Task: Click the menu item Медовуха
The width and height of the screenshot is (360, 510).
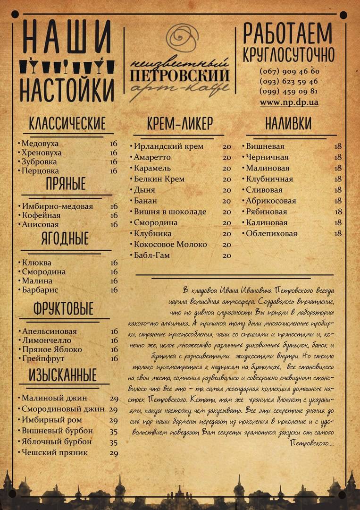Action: [x=40, y=144]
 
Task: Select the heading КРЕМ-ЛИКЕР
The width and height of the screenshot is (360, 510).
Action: [x=180, y=124]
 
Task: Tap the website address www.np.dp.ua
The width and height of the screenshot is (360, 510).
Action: [x=289, y=102]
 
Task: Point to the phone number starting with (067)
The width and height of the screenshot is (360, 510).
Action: [x=289, y=72]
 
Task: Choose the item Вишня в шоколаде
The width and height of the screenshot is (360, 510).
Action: [x=170, y=212]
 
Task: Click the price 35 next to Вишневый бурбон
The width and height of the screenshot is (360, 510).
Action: [x=113, y=431]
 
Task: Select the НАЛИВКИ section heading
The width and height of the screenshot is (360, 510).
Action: [x=288, y=124]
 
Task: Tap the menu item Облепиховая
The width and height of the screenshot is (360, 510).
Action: [x=271, y=234]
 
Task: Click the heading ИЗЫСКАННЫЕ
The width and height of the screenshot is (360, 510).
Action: [x=63, y=375]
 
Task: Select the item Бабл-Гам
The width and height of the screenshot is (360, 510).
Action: [x=151, y=255]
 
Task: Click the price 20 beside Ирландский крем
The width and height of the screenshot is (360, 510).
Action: [x=227, y=146]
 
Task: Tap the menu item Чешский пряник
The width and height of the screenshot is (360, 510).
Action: [x=55, y=453]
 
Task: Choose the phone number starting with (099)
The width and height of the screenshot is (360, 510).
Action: [x=289, y=92]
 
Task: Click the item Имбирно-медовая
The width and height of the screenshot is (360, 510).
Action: [x=57, y=206]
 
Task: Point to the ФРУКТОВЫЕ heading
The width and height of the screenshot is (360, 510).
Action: [x=63, y=309]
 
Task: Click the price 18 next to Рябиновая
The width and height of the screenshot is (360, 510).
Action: [x=338, y=212]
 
